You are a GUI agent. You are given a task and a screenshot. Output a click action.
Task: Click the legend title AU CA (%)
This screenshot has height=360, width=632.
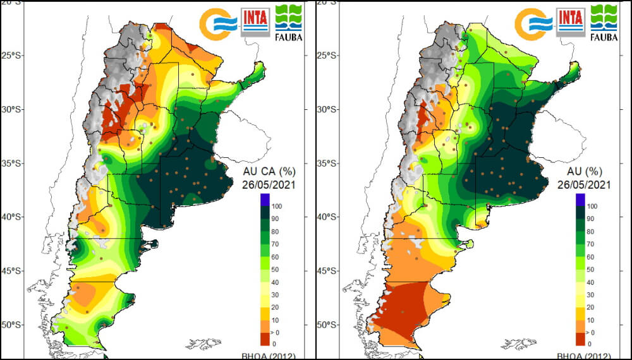click(x=270, y=172)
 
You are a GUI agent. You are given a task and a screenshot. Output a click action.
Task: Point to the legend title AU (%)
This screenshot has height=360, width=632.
click(x=585, y=172)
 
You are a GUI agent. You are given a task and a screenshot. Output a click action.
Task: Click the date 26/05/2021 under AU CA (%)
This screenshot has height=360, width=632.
click(x=270, y=184)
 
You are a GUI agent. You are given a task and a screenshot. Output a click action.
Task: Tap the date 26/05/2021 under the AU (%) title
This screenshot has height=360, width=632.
click(x=585, y=184)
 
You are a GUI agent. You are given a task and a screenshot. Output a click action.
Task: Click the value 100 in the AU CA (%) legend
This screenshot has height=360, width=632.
click(x=277, y=206)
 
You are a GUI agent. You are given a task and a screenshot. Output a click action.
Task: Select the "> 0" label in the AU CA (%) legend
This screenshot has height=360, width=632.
click(x=277, y=331)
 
